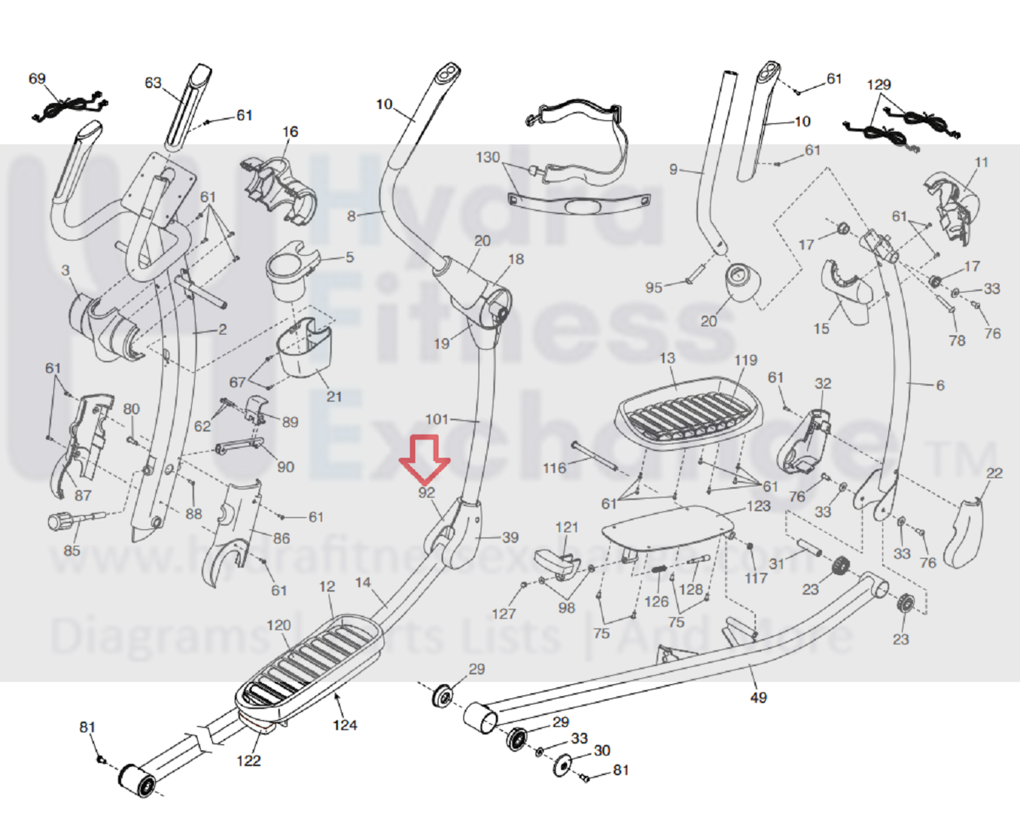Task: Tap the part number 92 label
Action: (427, 493)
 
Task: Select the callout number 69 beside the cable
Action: (37, 79)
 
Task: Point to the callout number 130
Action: (488, 157)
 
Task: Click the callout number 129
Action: (878, 85)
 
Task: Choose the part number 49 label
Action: (758, 698)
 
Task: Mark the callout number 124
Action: (345, 725)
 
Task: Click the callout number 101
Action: (437, 419)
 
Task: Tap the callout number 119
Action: (745, 360)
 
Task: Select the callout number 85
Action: (72, 550)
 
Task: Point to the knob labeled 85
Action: (59, 521)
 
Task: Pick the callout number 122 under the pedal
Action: (248, 760)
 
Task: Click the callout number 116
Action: (554, 468)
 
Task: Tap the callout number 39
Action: (510, 537)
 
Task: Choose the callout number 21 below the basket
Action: (334, 397)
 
